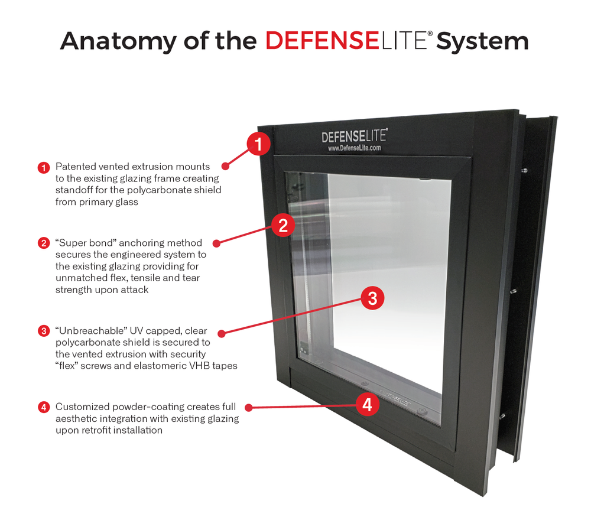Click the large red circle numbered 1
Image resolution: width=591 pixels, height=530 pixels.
(258, 144)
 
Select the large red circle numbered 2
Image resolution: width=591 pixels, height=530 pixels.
(283, 225)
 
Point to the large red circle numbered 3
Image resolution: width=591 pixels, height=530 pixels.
(372, 298)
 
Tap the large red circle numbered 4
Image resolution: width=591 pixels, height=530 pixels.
(368, 405)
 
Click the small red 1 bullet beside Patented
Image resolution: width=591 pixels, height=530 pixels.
(44, 167)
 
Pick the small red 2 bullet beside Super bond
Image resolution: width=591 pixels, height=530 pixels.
(44, 243)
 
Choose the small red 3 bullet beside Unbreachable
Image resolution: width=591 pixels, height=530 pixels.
(44, 331)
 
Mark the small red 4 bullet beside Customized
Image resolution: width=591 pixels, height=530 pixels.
(44, 407)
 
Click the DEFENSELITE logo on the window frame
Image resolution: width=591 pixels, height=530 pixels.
(354, 136)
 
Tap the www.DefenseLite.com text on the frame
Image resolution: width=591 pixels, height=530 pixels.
(354, 148)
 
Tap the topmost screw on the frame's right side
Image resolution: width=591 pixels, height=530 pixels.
(524, 171)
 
